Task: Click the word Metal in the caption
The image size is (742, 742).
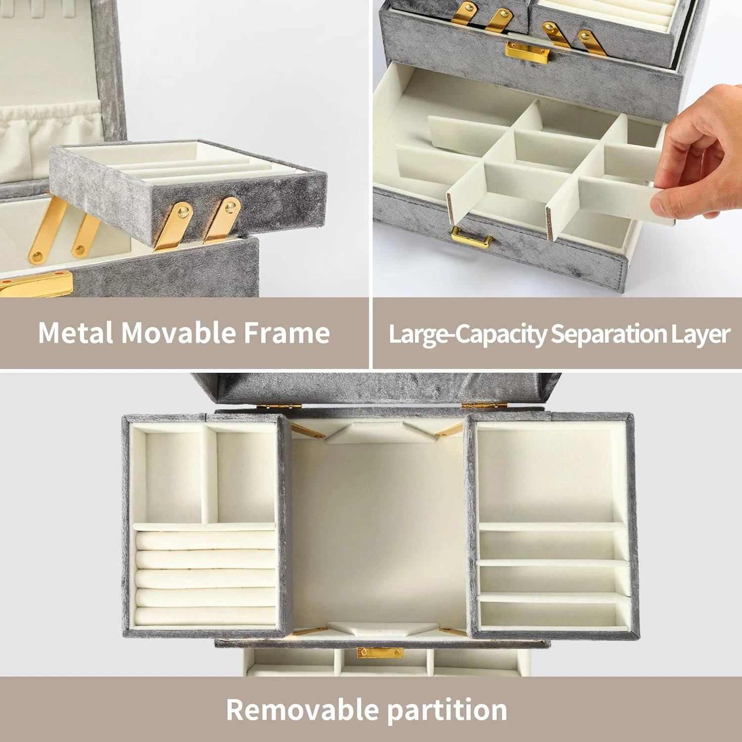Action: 76,332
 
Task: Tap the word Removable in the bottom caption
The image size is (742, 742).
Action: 302,710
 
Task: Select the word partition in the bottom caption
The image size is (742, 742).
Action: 447,710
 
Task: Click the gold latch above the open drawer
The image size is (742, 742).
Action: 527,51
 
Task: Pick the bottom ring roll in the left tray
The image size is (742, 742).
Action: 205,616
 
